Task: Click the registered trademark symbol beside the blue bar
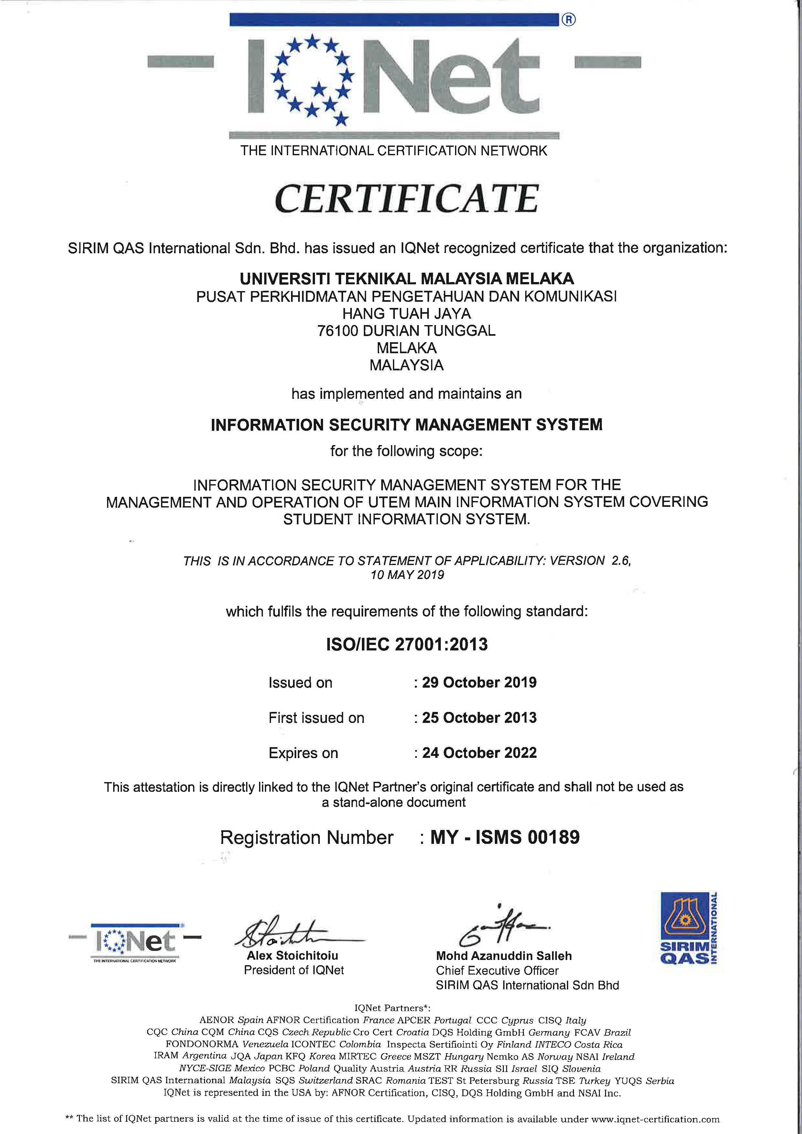569,20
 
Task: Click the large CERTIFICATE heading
406,199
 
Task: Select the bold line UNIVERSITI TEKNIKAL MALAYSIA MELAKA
406,279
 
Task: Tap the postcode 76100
337,331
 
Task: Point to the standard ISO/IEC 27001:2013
406,645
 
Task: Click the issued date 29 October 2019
479,682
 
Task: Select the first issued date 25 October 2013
479,718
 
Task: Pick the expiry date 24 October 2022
479,753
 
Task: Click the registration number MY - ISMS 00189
505,837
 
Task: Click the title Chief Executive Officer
497,971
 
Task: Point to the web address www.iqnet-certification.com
655,1119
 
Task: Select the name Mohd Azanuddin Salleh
504,956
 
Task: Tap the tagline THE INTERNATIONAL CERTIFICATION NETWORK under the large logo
394,151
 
